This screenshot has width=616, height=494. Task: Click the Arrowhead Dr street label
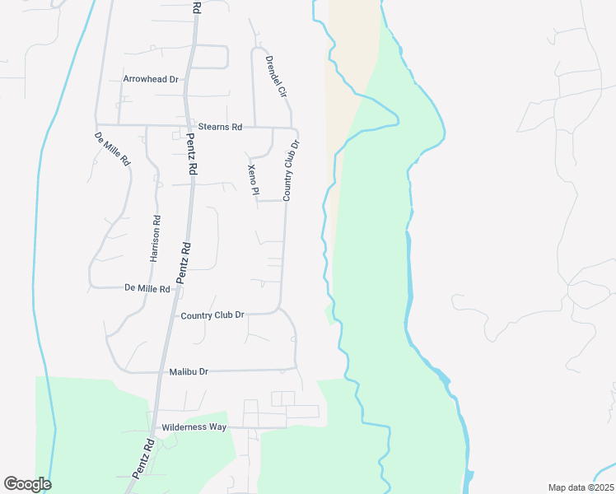coord(151,79)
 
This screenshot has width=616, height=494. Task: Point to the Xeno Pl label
coord(253,179)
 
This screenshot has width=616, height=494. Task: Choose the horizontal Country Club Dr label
coord(212,315)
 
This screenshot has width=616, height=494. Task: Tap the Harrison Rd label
coord(154,239)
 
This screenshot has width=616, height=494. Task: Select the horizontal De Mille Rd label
coord(147,289)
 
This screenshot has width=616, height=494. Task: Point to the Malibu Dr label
coord(188,372)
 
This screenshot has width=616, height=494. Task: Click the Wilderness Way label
coord(194,427)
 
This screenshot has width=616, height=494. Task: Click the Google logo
coord(27,484)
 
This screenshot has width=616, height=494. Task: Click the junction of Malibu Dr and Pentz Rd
coord(162,372)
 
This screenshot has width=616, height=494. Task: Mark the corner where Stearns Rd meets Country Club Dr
coord(295,129)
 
